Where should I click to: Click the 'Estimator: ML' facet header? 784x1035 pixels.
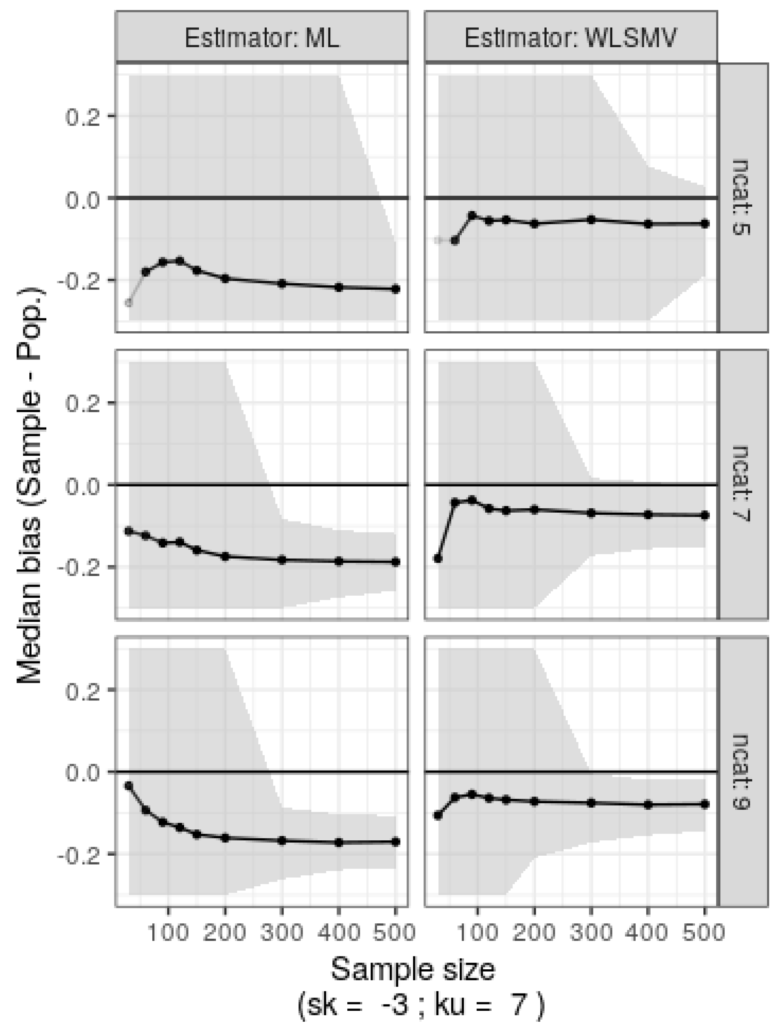(x=261, y=37)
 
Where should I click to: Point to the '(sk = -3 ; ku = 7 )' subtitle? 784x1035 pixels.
(x=421, y=1005)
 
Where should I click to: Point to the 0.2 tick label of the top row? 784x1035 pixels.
(x=83, y=116)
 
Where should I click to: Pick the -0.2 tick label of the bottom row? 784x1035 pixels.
(x=79, y=854)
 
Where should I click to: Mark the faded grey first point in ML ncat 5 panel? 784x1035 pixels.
(x=129, y=303)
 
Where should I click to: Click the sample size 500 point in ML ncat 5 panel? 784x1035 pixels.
(x=395, y=289)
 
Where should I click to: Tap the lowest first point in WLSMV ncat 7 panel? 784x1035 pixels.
(x=438, y=558)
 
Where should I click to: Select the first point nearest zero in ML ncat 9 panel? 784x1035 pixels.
(x=129, y=786)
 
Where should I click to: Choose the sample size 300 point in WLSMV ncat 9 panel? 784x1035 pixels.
(x=591, y=803)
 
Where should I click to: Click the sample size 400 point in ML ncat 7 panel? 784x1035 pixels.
(x=339, y=561)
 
